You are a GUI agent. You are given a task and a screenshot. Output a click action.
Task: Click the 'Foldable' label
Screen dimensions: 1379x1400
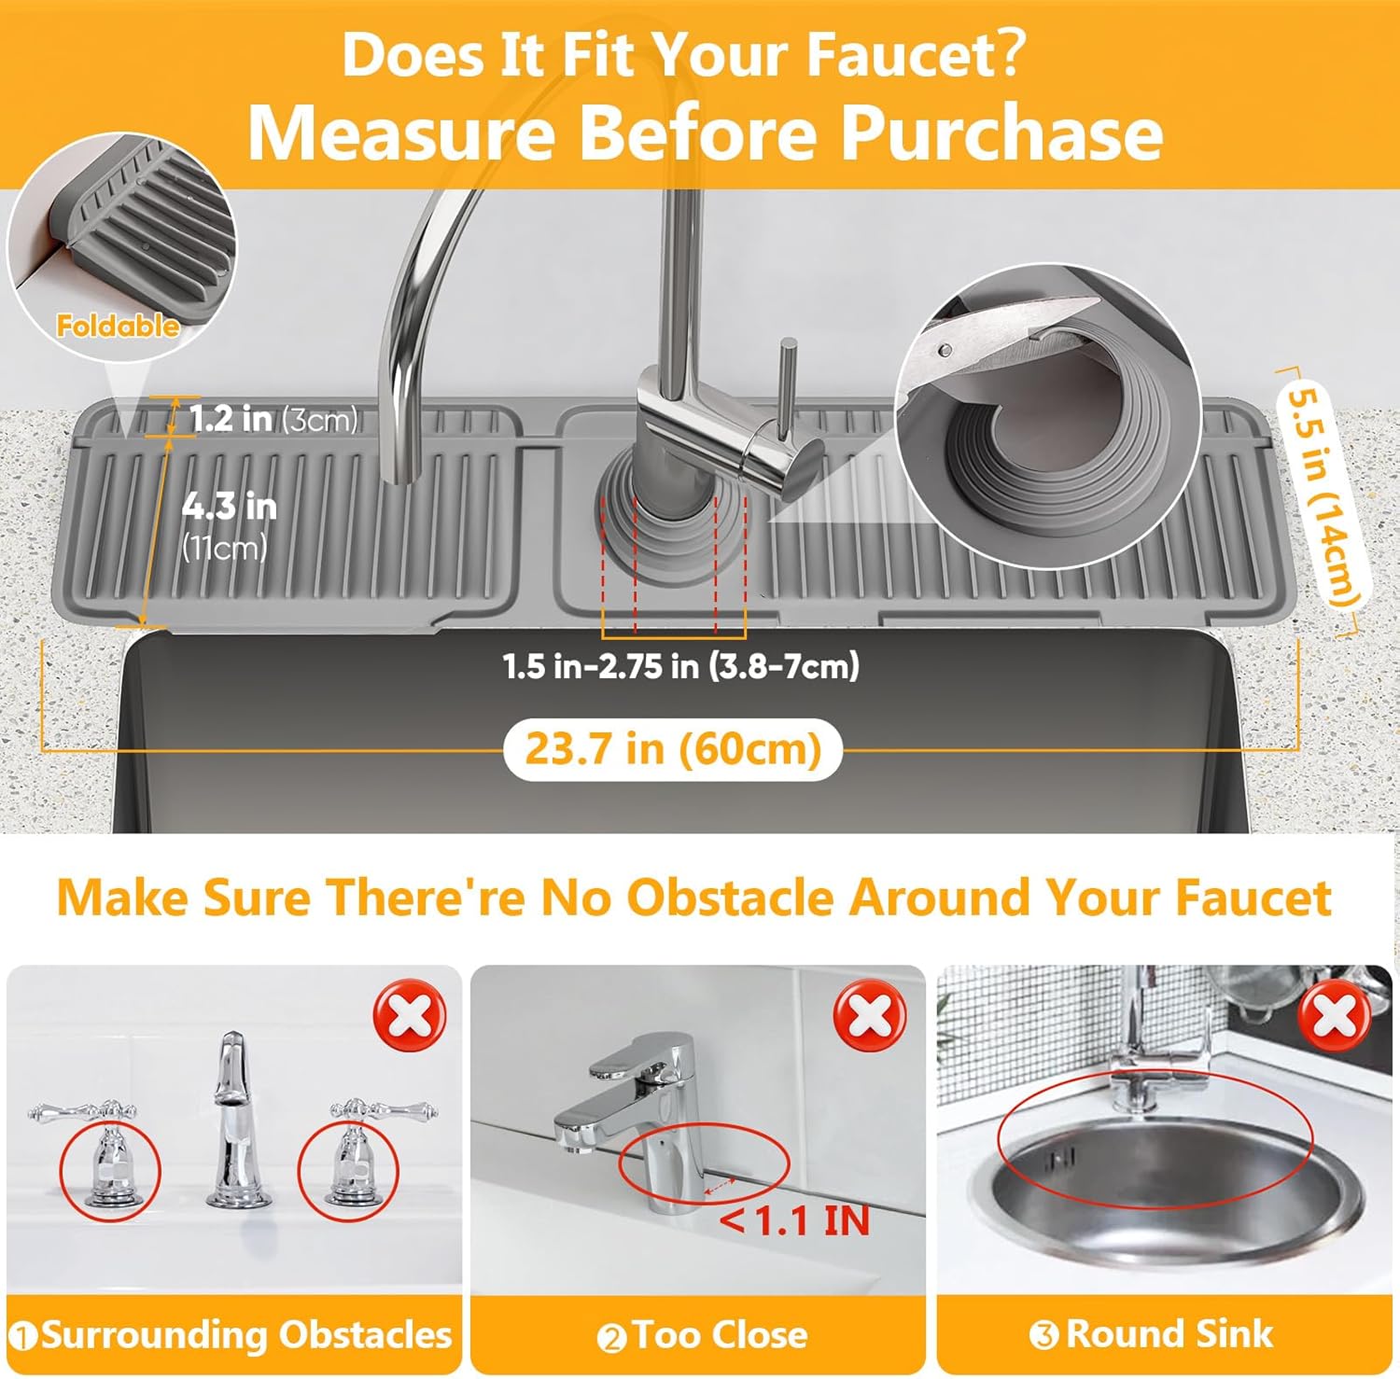click(117, 326)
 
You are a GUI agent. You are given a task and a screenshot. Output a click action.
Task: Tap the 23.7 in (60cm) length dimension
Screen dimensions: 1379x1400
click(672, 749)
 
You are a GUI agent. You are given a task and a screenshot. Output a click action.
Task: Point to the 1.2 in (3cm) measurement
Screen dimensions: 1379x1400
click(273, 419)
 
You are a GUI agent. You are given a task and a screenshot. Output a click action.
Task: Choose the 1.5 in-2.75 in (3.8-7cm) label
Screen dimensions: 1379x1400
click(680, 666)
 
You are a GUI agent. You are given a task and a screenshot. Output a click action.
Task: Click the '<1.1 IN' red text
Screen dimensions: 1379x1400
click(794, 1220)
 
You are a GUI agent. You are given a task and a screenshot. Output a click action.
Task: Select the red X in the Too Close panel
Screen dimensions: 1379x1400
click(870, 1016)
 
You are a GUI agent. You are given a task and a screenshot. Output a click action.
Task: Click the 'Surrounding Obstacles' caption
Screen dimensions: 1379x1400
click(245, 1335)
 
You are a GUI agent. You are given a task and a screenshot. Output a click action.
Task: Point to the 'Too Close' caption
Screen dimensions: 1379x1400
click(719, 1335)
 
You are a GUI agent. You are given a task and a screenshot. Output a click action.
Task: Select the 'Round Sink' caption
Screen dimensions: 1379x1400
click(1169, 1333)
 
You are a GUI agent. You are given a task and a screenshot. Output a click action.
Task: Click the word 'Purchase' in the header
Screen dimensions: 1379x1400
click(1001, 133)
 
